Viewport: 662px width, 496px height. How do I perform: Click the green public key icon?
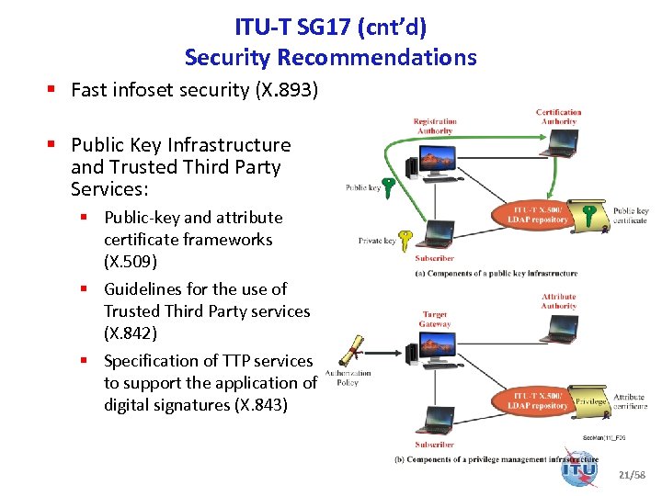click(x=390, y=188)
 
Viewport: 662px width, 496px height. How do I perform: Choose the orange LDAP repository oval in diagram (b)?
click(x=538, y=400)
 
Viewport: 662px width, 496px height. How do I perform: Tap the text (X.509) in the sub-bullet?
click(x=131, y=262)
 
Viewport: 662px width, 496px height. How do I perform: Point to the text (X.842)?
click(x=131, y=333)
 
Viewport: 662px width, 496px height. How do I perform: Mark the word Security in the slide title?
click(x=228, y=57)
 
